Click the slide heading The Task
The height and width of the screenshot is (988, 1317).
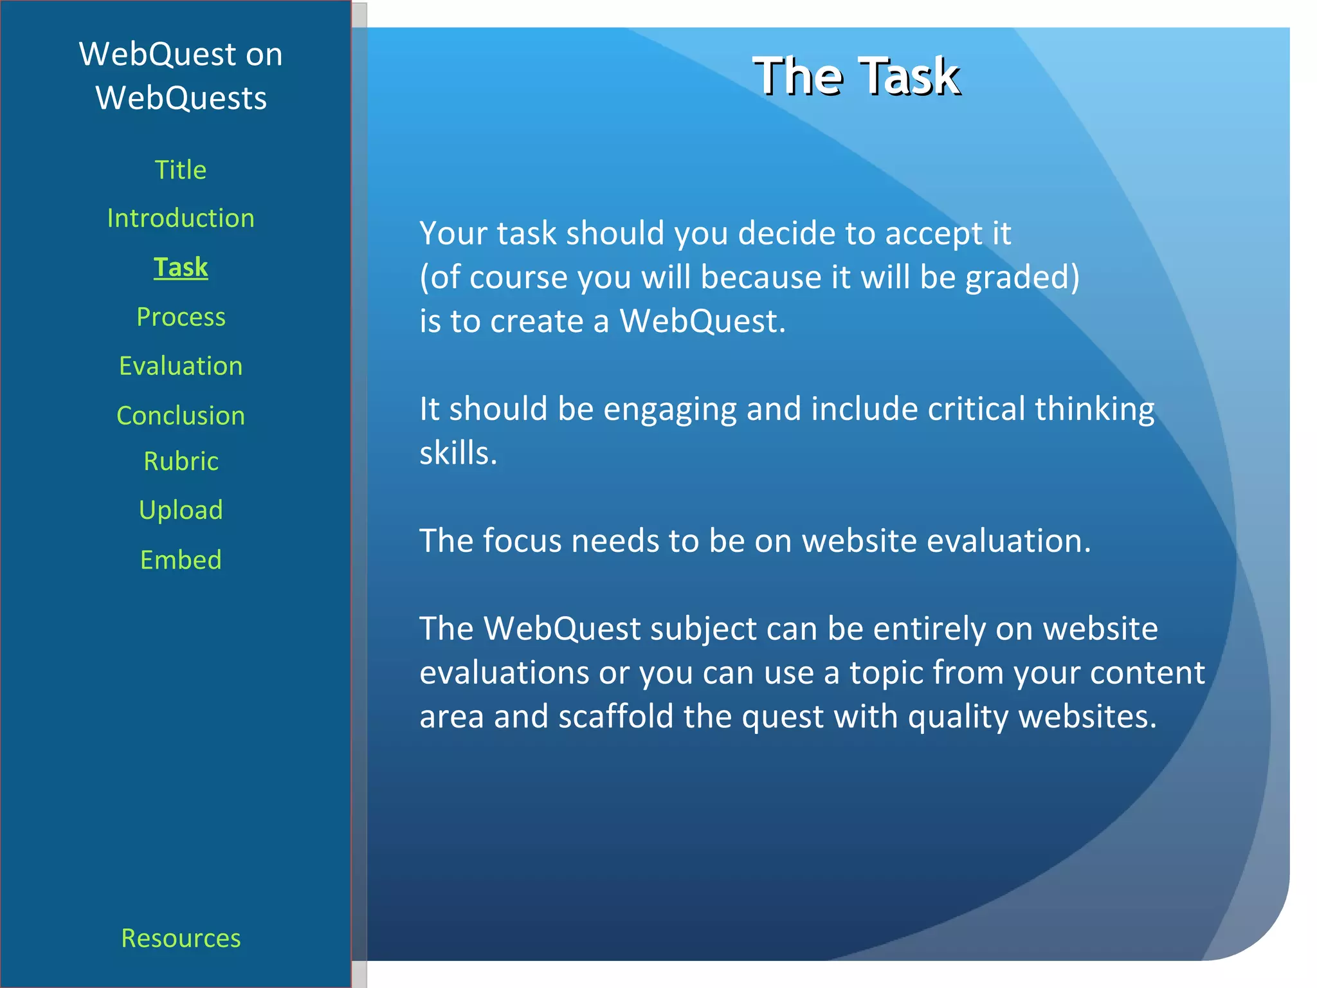tap(856, 76)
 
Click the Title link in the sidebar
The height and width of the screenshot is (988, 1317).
tap(181, 170)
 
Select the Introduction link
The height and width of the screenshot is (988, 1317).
tap(181, 218)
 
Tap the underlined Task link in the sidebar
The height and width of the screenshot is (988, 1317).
tap(181, 267)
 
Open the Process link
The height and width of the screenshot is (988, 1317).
tap(181, 316)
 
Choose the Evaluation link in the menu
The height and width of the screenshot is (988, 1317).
tap(181, 365)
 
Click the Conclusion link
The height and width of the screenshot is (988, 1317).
tap(181, 415)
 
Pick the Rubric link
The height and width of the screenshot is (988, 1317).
tap(181, 461)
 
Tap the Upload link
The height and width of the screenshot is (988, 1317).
tap(181, 509)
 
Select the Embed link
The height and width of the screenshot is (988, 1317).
tap(181, 559)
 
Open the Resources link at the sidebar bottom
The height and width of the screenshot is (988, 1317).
tap(181, 938)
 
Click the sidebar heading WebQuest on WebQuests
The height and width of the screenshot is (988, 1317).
tap(181, 76)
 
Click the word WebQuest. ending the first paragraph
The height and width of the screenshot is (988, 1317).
tap(702, 321)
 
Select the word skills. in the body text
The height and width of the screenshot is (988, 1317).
tap(459, 453)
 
